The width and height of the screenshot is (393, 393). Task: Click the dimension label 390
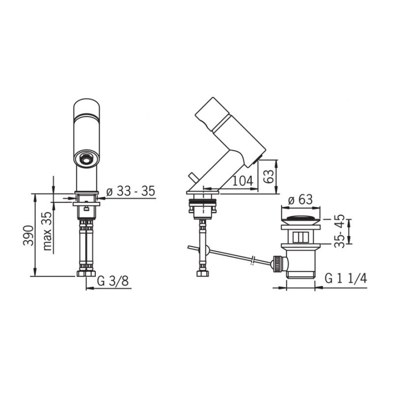coord(28,236)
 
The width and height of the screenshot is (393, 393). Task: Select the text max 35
coord(47,231)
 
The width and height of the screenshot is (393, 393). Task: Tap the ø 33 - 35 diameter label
coord(131,191)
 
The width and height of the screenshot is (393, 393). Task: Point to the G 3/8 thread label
coord(113,281)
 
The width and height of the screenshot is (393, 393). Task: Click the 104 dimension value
coord(243,180)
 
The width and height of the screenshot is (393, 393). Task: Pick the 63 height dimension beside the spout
coord(268,176)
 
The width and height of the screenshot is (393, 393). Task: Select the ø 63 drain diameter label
coord(301,200)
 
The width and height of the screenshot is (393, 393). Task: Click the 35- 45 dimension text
coord(339,231)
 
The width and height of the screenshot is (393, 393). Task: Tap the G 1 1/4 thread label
coord(346,278)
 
